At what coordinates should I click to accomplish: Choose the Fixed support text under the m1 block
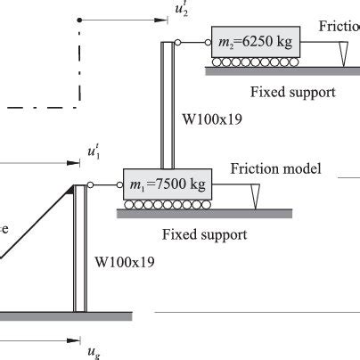205,235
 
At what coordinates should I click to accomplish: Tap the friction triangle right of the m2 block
343,53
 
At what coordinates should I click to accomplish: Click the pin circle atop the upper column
178,42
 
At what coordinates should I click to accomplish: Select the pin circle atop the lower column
89,185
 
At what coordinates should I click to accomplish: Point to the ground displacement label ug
93,351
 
